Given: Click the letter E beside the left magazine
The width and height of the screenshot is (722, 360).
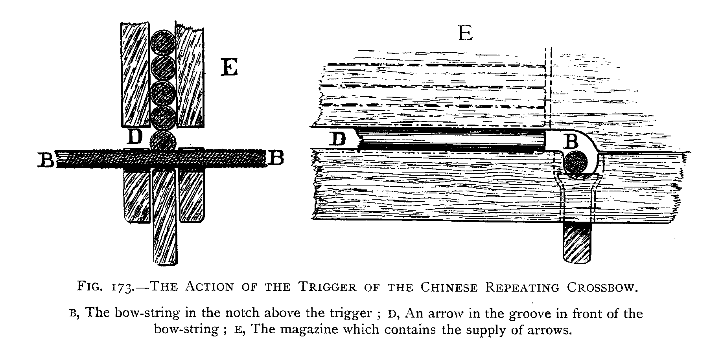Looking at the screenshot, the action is point(229,69).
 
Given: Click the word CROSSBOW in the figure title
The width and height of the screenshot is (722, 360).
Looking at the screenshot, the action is point(601,287).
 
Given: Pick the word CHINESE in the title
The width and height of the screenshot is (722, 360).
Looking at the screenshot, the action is point(449,287).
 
